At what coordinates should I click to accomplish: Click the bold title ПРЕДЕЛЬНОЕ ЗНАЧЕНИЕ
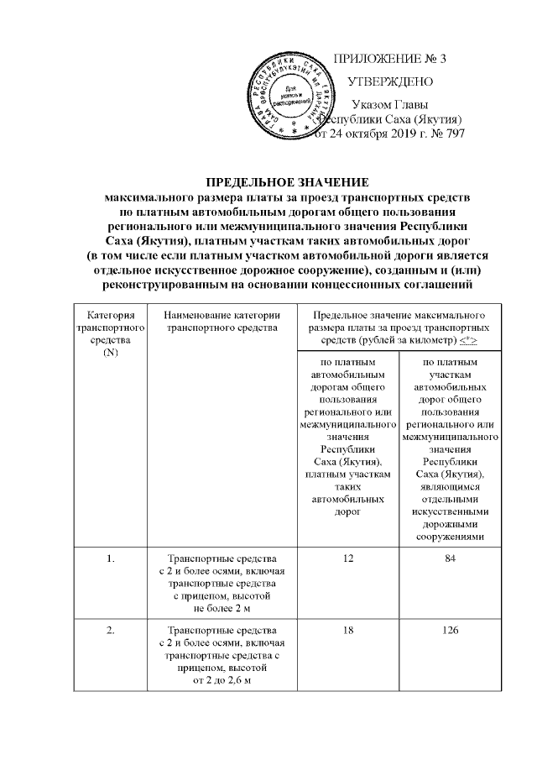[x=288, y=182]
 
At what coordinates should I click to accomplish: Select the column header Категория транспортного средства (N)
[x=109, y=332]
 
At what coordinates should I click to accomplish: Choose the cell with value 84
[x=451, y=558]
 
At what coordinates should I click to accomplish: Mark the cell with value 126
[x=451, y=631]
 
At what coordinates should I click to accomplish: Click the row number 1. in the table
[x=109, y=558]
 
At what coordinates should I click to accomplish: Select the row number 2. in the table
[x=109, y=631]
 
